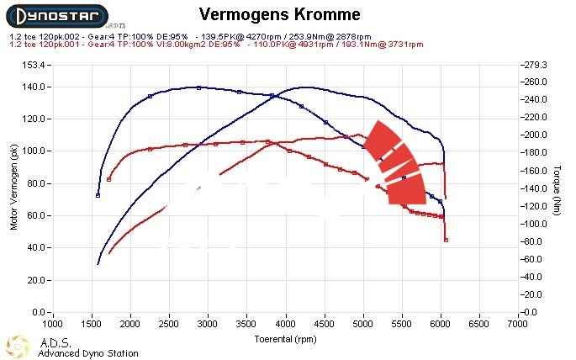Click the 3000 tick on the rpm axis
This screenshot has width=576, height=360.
click(208, 323)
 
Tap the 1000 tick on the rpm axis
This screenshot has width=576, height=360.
click(52, 323)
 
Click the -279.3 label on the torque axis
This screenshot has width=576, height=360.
click(536, 65)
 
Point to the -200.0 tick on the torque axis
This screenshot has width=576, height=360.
click(536, 135)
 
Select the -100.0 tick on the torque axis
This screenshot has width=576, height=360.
click(536, 224)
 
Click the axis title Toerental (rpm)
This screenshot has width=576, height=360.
click(286, 338)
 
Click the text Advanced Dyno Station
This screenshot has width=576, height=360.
click(87, 353)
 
